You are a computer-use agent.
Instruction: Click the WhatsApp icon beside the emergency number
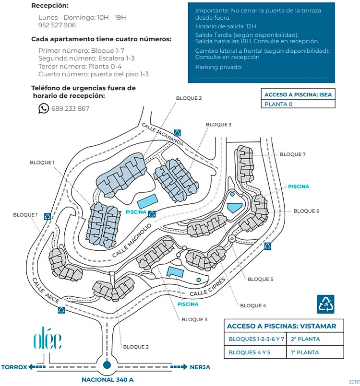click(43, 108)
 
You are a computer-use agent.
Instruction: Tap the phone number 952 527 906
click(57, 25)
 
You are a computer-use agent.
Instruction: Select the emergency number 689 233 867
click(70, 108)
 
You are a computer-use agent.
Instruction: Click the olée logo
click(48, 338)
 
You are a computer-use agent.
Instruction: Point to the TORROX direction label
click(14, 367)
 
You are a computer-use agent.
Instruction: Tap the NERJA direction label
click(200, 367)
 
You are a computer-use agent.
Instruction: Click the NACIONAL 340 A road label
click(108, 380)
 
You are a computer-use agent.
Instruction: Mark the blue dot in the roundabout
click(107, 365)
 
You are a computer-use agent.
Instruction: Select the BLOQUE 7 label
click(292, 154)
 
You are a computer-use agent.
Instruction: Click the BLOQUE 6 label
click(306, 211)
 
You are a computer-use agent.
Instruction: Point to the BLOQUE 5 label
click(260, 279)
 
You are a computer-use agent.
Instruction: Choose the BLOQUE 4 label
click(253, 305)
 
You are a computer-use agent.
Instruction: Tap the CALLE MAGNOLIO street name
click(132, 241)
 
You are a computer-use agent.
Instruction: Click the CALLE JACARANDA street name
click(162, 134)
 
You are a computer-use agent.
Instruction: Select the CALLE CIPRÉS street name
click(208, 287)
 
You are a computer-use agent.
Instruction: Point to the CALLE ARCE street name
click(46, 291)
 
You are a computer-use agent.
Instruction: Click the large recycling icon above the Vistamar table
click(325, 304)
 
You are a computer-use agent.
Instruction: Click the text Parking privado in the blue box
click(218, 67)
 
